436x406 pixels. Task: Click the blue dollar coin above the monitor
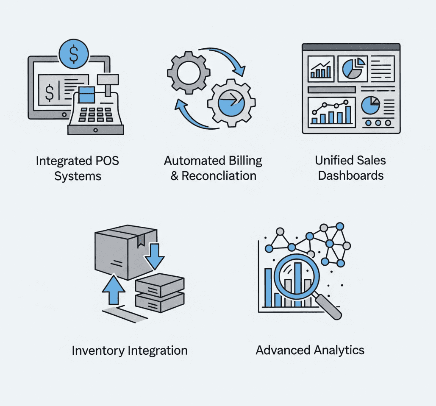(x=73, y=53)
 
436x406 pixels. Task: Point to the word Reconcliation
(x=219, y=175)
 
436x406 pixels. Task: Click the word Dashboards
(x=351, y=175)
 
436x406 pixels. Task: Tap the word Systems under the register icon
(x=78, y=175)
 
